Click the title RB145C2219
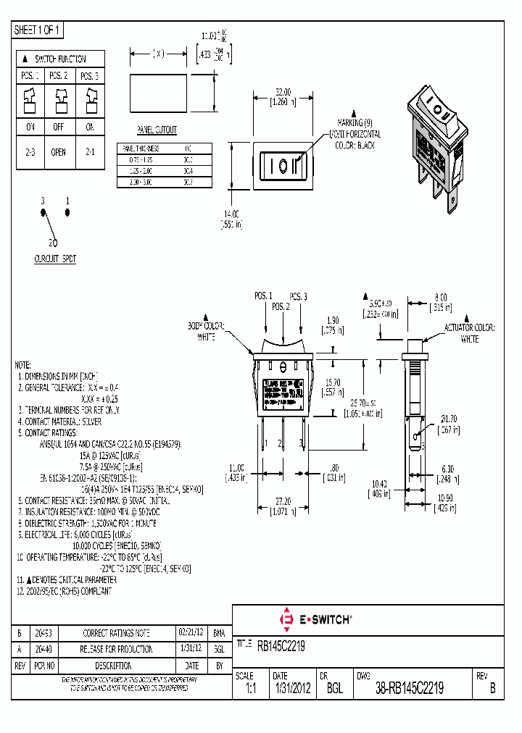281,645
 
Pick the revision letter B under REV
492,690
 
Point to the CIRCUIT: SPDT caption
55,258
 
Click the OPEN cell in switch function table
58,152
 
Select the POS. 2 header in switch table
58,75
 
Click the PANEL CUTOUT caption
157,130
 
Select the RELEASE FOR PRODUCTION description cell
117,649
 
